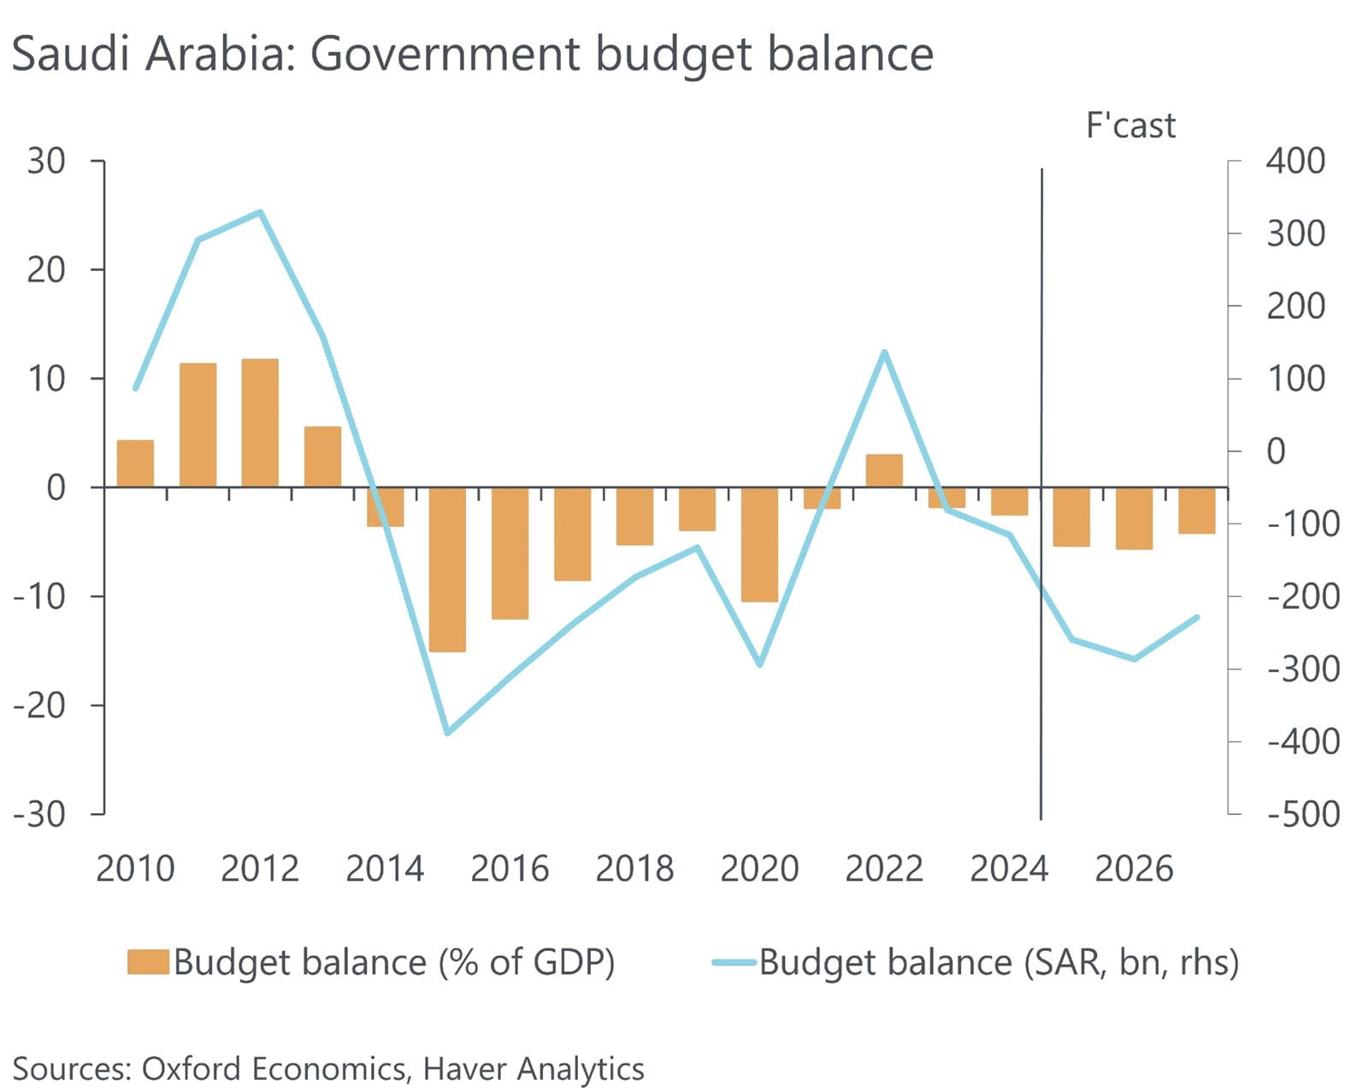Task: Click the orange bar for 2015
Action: [x=447, y=569]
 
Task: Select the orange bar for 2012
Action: [x=260, y=423]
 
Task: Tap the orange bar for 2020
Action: [x=759, y=544]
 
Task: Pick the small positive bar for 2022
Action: [x=884, y=470]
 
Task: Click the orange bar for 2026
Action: [x=1134, y=518]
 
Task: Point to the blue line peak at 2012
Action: [x=260, y=212]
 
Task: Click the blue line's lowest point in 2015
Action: [x=447, y=733]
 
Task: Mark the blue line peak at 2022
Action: [x=884, y=351]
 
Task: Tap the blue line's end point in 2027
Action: [x=1196, y=617]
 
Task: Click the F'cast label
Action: [x=1130, y=126]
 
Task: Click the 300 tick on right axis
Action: [x=1295, y=233]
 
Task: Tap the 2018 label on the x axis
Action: [x=634, y=869]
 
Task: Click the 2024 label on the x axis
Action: [x=1009, y=869]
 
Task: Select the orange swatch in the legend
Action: [x=149, y=962]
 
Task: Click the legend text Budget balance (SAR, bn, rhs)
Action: [x=999, y=963]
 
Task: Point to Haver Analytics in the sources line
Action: [x=534, y=1069]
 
